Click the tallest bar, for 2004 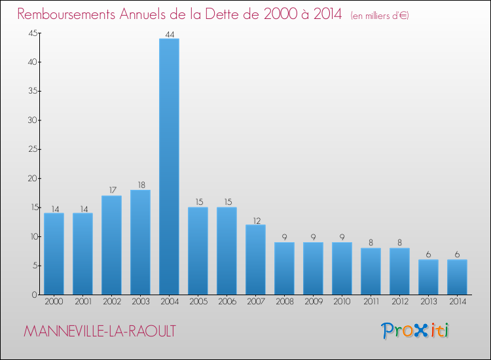click(169, 166)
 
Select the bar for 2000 click(54, 253)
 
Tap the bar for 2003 click(140, 242)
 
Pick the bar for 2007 click(255, 259)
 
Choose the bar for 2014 click(457, 277)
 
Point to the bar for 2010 click(342, 268)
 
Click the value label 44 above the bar click(169, 33)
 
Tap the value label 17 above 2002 click(111, 190)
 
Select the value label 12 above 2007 click(255, 220)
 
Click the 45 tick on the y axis click(31, 33)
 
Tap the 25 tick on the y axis click(31, 149)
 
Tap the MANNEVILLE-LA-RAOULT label click(100, 331)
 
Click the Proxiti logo click(416, 331)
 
